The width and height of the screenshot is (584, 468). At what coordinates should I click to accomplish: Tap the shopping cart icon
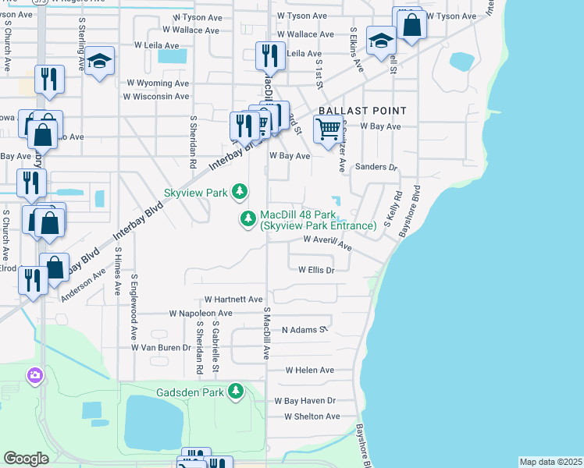click(x=329, y=129)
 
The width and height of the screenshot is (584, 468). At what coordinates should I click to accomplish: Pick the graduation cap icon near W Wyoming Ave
click(x=100, y=62)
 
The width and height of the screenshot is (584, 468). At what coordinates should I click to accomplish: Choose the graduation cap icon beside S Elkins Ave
click(x=380, y=41)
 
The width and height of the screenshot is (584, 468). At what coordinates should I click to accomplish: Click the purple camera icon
click(x=34, y=377)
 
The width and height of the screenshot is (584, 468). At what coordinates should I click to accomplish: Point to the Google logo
click(x=26, y=458)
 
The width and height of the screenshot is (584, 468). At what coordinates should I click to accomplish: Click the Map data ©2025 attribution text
click(x=550, y=462)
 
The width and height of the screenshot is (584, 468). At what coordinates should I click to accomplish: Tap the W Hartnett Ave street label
click(x=233, y=299)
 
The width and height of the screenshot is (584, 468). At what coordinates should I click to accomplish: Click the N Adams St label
click(x=304, y=330)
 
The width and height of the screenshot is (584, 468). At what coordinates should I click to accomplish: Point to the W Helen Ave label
click(x=309, y=370)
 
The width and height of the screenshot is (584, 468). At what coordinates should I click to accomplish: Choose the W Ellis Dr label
click(x=316, y=270)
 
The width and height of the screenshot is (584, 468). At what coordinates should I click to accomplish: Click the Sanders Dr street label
click(x=376, y=167)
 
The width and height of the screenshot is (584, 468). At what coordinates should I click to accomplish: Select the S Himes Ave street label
click(x=118, y=271)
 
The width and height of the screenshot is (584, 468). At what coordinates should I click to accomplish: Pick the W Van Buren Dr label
click(x=161, y=347)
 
